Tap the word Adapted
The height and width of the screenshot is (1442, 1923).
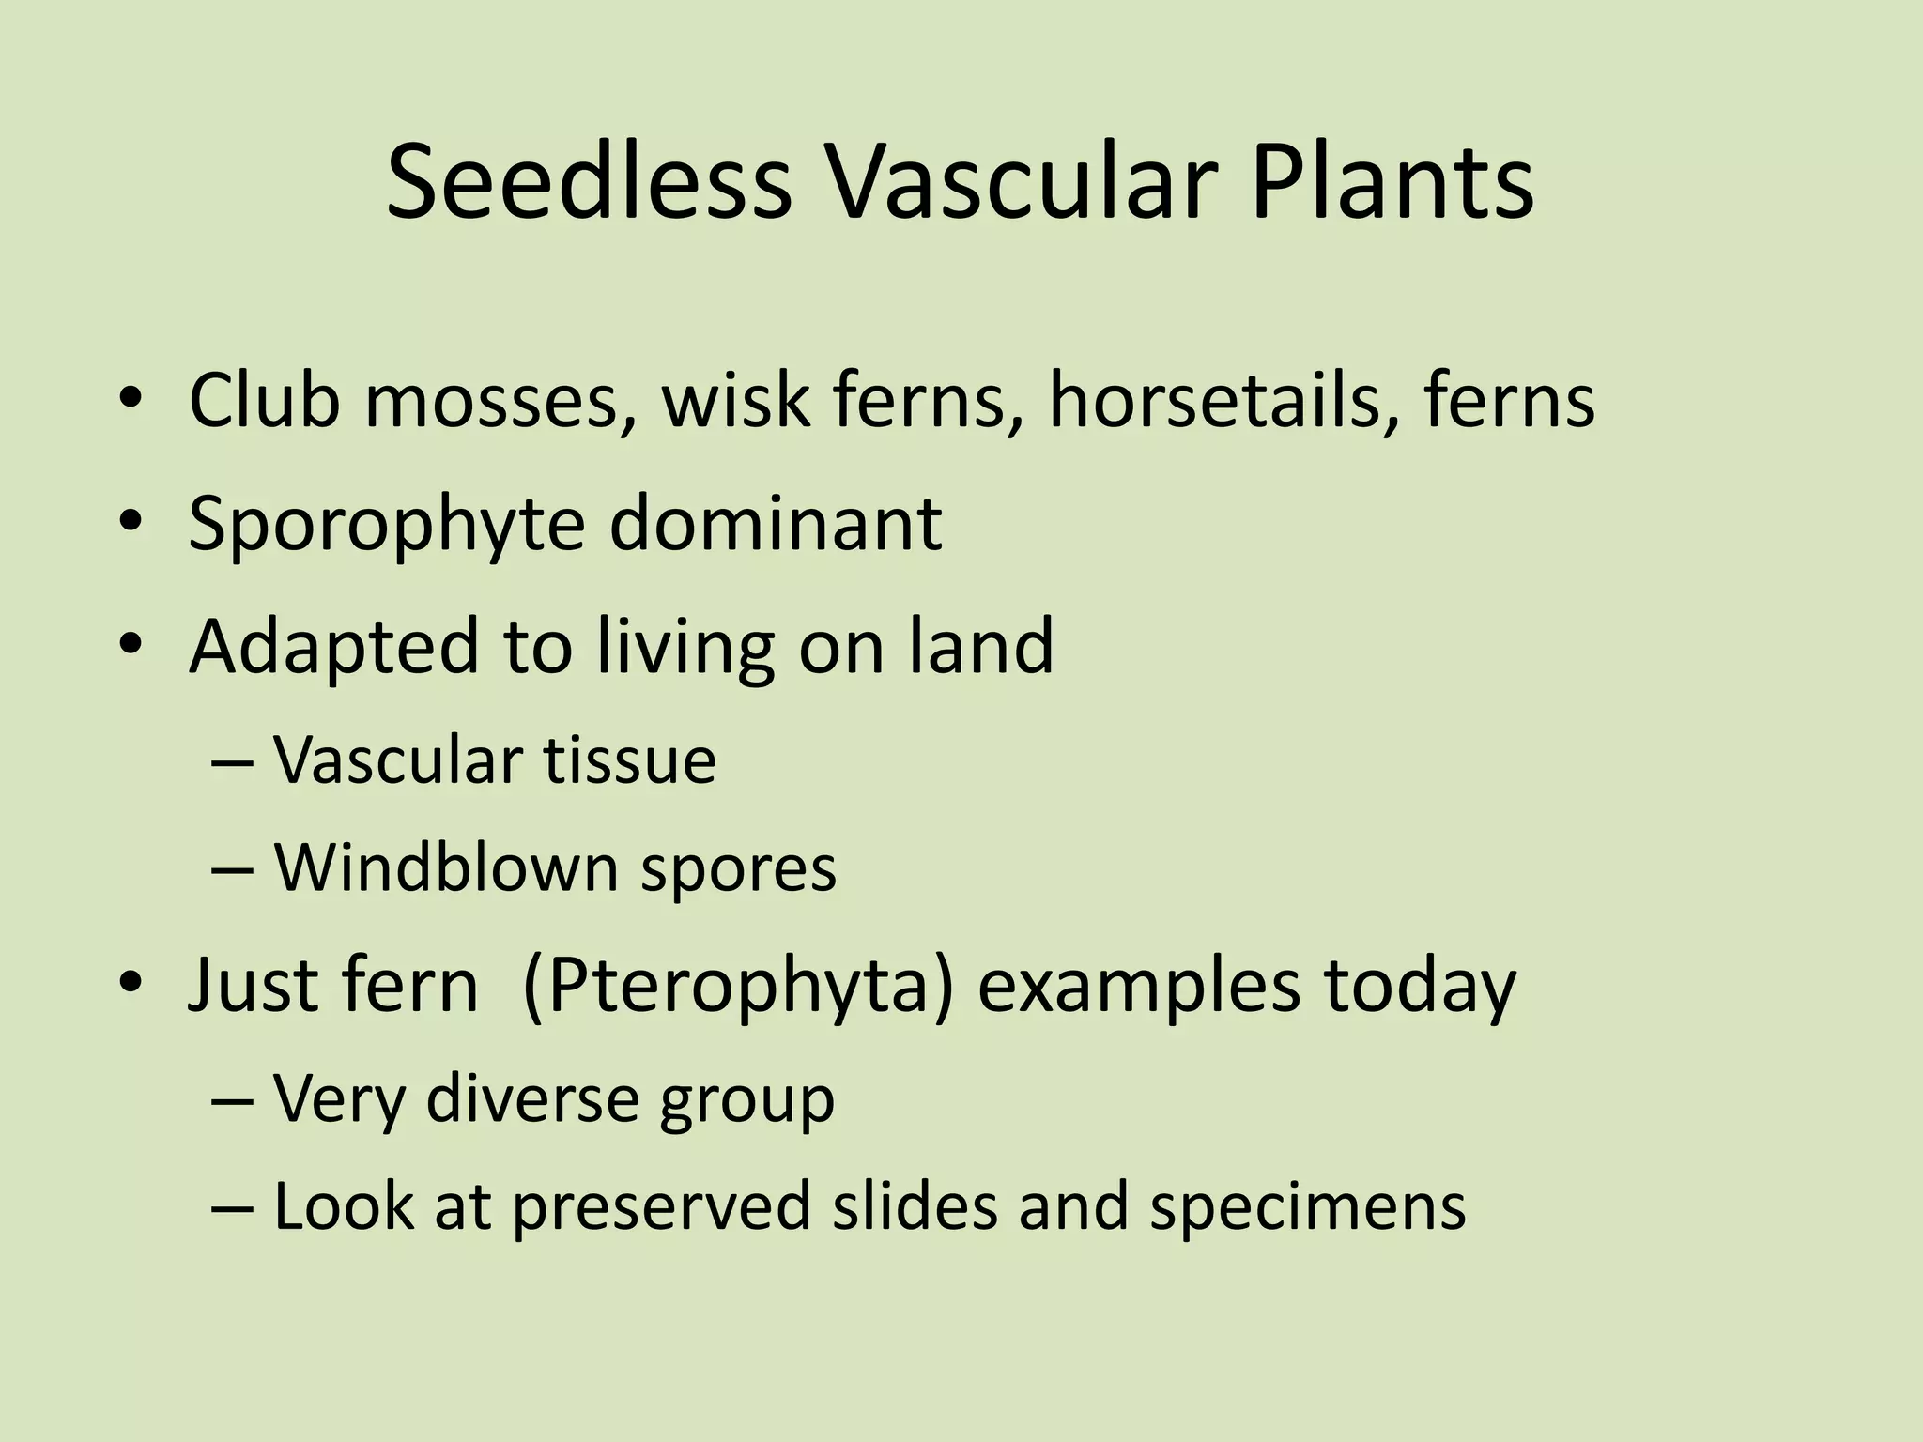[x=334, y=648]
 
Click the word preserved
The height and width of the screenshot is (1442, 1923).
[x=661, y=1207]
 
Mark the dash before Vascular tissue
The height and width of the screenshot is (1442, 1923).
[x=232, y=761]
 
